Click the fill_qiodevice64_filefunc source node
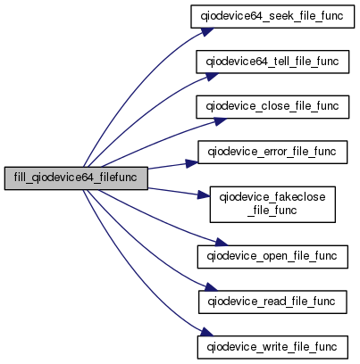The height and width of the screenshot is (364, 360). (x=76, y=178)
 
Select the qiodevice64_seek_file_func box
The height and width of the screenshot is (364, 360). (x=272, y=16)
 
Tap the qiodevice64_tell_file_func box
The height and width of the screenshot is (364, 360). (x=272, y=62)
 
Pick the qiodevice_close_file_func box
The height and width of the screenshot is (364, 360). (x=272, y=107)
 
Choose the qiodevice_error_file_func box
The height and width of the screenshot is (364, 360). (x=272, y=152)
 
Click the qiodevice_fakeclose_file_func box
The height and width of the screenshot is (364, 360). (x=272, y=204)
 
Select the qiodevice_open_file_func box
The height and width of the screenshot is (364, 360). (x=272, y=257)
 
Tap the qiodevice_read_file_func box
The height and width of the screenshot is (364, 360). (x=272, y=302)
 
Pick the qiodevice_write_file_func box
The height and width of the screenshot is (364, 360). (x=272, y=347)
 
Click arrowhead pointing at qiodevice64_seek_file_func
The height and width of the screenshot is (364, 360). (x=207, y=31)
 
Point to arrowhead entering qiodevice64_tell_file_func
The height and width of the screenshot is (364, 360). (x=212, y=76)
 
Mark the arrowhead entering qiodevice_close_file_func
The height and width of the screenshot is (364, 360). (x=220, y=121)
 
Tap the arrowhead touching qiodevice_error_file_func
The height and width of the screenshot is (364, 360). (x=192, y=163)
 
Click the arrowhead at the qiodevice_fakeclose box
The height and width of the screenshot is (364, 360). (x=204, y=195)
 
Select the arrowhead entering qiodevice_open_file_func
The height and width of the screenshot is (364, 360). (x=222, y=242)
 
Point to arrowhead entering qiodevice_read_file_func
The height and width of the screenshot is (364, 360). (x=211, y=287)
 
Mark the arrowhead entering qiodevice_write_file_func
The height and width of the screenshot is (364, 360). (x=206, y=332)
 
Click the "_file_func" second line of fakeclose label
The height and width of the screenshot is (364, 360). (x=272, y=211)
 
